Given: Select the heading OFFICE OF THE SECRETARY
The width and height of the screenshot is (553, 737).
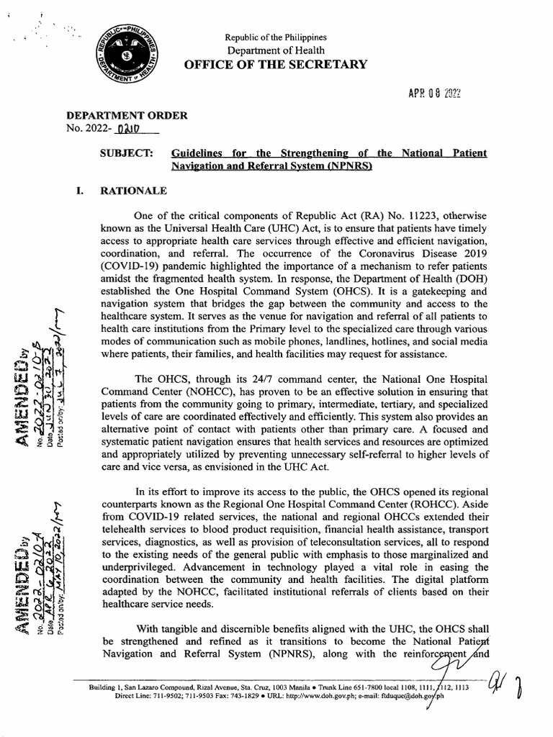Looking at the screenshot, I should coord(276,65).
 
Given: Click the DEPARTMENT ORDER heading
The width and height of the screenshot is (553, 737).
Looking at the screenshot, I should coord(127,115).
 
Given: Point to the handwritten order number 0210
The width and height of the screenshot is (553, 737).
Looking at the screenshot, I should coord(125,130).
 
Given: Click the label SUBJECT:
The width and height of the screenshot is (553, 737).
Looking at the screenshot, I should coord(126,153).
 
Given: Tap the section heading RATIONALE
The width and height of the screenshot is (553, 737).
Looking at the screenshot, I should coord(134,191).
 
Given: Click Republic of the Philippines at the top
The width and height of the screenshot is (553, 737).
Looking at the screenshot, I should coord(276,37).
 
